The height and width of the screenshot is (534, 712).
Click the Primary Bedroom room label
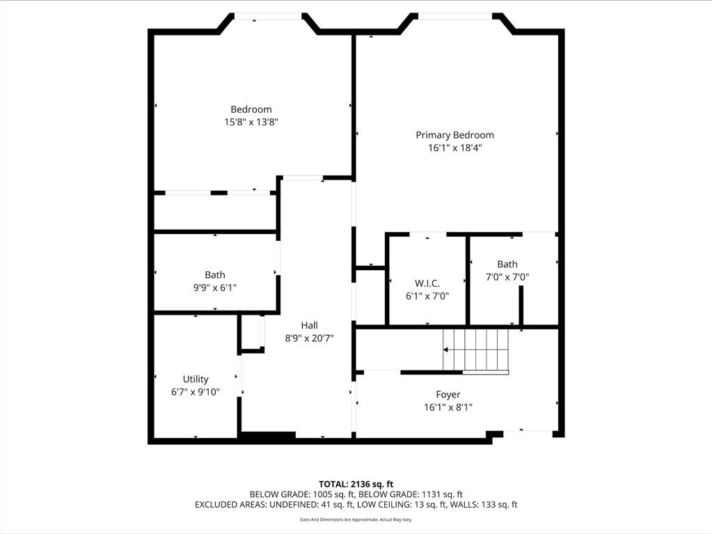[454, 135]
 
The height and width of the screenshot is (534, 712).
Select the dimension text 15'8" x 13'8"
[251, 122]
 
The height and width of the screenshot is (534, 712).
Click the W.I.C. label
[427, 283]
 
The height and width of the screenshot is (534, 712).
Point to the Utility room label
[196, 379]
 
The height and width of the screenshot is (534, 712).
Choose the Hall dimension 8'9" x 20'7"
[309, 338]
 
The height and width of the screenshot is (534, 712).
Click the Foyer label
[448, 395]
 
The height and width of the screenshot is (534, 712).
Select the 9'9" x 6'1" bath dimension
[215, 288]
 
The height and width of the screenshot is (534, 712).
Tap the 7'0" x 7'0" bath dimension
[507, 276]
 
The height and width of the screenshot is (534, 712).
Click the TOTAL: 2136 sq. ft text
[356, 484]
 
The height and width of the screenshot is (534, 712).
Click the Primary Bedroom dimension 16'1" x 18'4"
[454, 148]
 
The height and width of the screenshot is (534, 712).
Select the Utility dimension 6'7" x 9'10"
[196, 392]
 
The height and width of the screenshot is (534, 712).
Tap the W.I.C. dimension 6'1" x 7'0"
[427, 295]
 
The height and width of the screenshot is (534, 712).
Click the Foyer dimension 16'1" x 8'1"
[448, 407]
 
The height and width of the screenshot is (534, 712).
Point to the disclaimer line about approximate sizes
[356, 519]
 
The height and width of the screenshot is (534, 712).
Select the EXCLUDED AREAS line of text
[356, 505]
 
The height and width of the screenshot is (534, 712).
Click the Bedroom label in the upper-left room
[251, 109]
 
